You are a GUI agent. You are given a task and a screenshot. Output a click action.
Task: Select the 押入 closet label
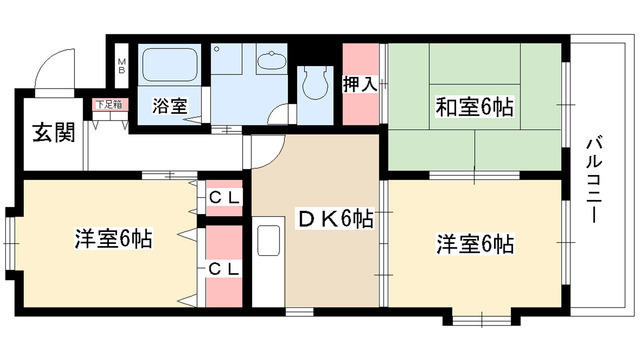[360, 84]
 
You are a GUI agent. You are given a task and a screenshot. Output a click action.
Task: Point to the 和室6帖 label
[475, 107]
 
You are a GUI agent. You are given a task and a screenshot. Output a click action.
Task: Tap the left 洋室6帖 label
[113, 239]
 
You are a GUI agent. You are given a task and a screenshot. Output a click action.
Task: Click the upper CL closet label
[224, 197]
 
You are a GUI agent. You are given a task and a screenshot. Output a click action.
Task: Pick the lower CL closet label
[224, 268]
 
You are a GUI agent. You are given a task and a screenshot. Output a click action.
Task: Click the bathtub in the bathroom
[171, 67]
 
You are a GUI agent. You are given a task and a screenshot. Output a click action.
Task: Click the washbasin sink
[270, 63]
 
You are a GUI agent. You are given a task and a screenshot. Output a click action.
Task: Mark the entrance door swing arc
[52, 70]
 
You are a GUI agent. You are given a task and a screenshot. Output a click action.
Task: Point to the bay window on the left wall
[9, 242]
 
